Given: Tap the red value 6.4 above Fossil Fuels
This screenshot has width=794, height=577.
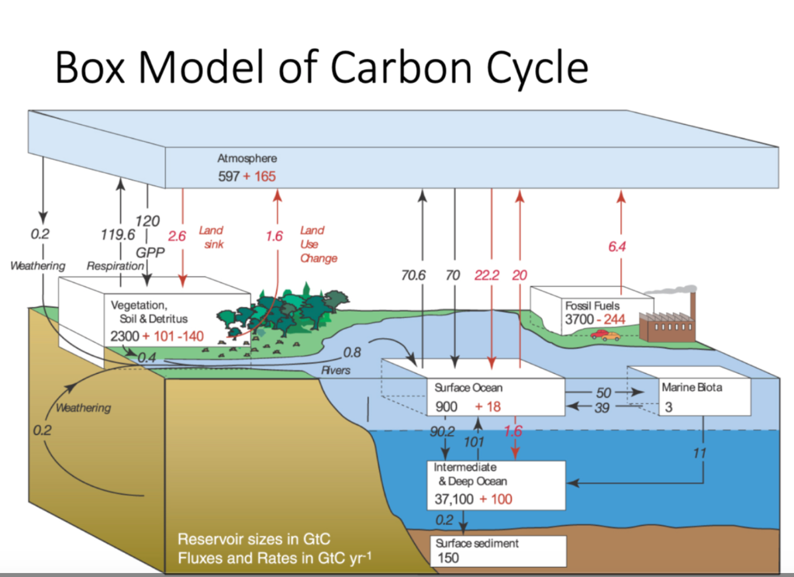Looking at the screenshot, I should coord(617,247).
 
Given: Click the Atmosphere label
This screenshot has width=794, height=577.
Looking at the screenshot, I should coord(247,158).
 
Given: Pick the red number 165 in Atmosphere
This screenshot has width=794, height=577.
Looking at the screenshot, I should coord(264,177).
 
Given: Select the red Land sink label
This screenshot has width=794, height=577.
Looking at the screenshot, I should coord(210,237).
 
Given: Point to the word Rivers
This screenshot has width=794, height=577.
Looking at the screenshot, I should coord(336,371).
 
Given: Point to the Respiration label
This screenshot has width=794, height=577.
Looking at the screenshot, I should coord(109,266).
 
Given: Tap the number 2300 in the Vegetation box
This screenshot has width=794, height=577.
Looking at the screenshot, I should coord(128,337).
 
